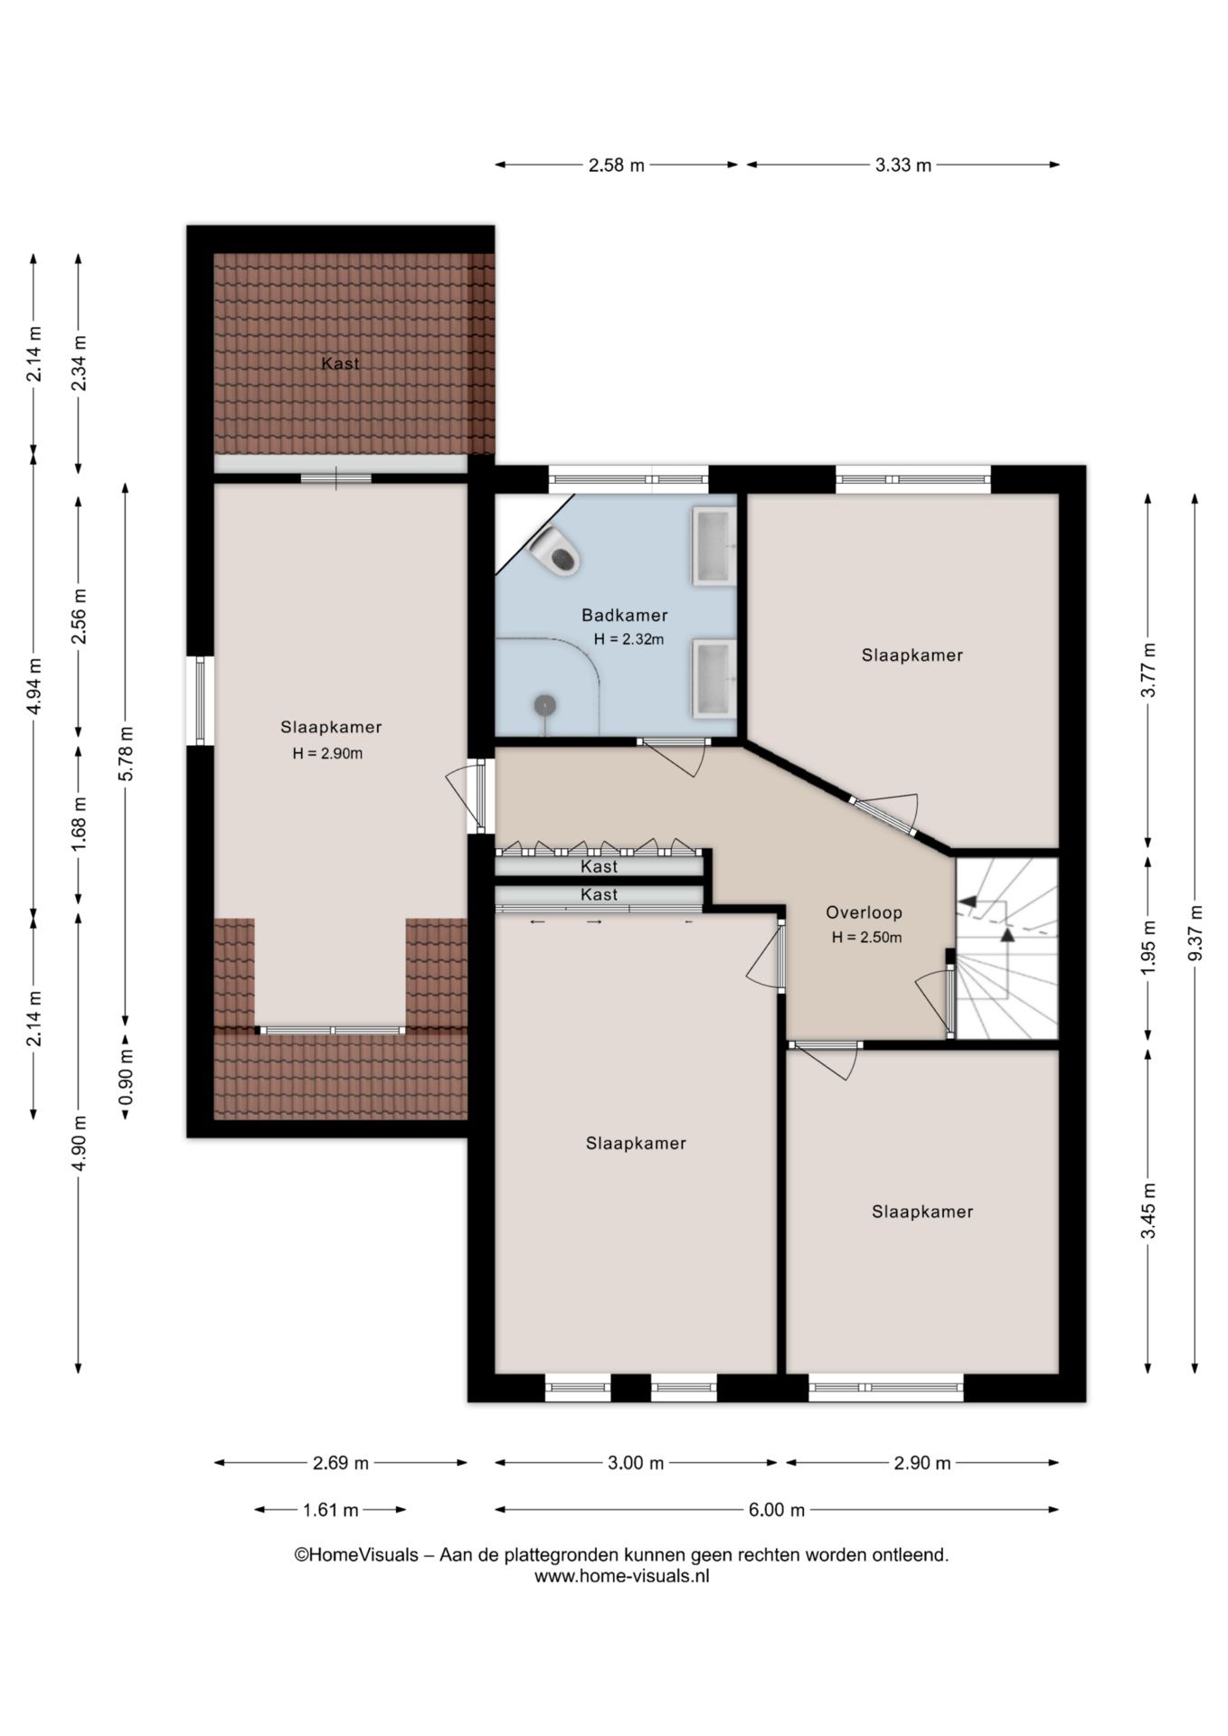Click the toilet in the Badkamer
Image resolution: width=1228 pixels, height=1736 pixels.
click(x=554, y=550)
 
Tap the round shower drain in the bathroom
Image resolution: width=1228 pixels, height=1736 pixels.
click(x=544, y=704)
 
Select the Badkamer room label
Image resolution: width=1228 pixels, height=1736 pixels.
click(x=624, y=616)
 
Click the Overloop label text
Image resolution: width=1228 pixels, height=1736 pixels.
click(x=864, y=913)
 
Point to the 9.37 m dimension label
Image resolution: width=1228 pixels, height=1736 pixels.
click(x=1195, y=933)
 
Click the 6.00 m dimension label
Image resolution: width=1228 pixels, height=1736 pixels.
click(x=776, y=1510)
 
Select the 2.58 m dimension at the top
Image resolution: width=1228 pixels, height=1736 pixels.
click(x=617, y=165)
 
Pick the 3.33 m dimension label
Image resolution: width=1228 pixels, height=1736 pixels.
click(x=902, y=165)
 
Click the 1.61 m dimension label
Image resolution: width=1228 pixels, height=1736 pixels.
click(x=330, y=1510)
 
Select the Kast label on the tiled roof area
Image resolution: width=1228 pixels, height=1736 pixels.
click(x=340, y=363)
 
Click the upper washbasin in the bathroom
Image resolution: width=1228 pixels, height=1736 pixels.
click(x=714, y=546)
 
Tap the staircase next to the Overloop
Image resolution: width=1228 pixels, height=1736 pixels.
click(x=1006, y=948)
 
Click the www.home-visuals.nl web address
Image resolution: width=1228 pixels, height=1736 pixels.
click(x=621, y=1576)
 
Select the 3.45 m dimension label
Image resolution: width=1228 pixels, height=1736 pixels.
click(x=1148, y=1211)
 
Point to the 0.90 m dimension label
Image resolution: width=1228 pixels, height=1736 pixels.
click(x=126, y=1075)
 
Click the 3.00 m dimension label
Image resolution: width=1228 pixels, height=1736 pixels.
click(x=636, y=1463)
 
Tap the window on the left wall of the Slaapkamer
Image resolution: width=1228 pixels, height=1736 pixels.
click(x=200, y=701)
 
